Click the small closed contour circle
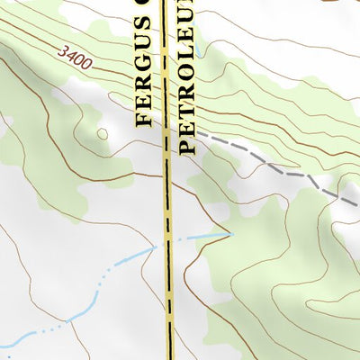(102, 134)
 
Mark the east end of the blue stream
(230, 234)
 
